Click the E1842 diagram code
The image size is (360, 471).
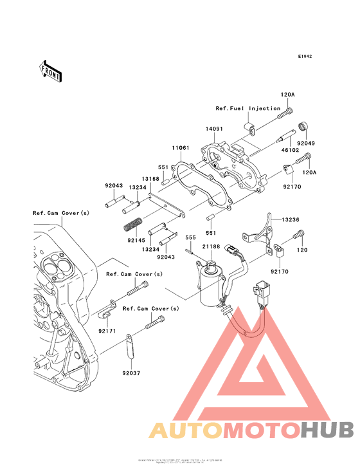305,57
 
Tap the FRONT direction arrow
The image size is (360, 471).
51,71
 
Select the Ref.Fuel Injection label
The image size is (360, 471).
248,109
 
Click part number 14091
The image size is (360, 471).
214,129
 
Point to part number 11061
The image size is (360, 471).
180,148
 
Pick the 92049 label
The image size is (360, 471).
306,143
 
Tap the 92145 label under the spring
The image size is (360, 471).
136,240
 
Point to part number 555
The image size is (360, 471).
190,238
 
